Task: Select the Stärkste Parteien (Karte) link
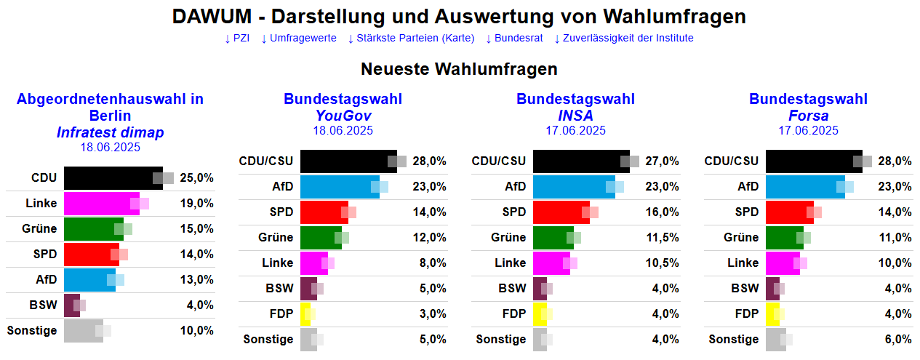click(411, 38)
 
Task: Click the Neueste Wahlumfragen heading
click(459, 70)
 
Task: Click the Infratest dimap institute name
click(110, 132)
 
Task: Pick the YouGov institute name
click(343, 116)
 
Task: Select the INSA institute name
click(575, 116)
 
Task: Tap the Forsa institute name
click(808, 116)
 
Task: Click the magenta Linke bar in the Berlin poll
click(101, 204)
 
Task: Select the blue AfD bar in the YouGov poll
click(339, 187)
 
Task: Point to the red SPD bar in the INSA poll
click(561, 212)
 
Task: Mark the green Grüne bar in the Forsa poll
click(784, 238)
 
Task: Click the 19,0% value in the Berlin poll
click(197, 204)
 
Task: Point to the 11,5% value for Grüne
click(662, 238)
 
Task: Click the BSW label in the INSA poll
click(512, 289)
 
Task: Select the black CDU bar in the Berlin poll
click(113, 178)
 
